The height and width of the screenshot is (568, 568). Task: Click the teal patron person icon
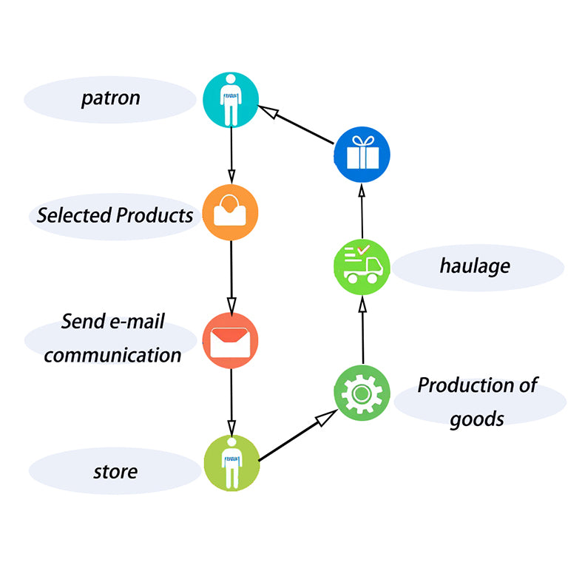click(231, 100)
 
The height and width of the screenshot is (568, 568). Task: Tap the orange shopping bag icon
click(231, 212)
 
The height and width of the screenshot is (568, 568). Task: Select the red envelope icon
click(231, 340)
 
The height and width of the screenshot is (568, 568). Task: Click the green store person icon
click(231, 462)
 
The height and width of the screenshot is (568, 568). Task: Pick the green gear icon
click(362, 392)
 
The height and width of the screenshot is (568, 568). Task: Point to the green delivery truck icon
click(362, 267)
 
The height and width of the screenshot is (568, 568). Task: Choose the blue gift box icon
click(362, 155)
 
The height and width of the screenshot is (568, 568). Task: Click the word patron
click(110, 98)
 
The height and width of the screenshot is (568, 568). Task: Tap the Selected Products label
click(115, 215)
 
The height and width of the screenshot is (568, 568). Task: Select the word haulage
click(475, 266)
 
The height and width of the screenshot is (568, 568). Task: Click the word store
click(115, 471)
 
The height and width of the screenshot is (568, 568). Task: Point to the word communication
click(112, 355)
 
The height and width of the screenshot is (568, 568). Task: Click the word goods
click(477, 419)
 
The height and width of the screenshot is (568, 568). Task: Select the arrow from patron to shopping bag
click(231, 156)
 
